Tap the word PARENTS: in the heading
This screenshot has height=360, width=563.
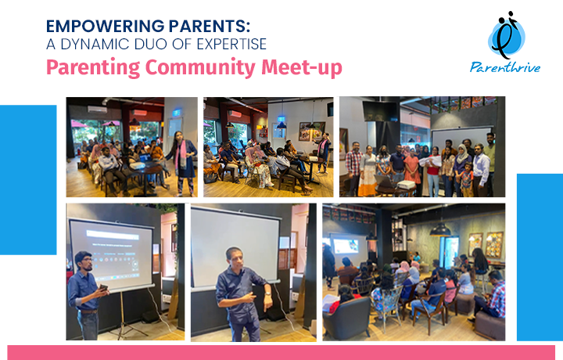point(210,26)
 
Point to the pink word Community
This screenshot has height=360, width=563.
point(200,67)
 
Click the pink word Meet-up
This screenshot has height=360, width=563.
point(302,67)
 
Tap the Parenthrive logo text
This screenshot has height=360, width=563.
point(505,67)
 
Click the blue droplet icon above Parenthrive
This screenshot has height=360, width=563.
point(507,35)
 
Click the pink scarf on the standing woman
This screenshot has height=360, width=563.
point(183,153)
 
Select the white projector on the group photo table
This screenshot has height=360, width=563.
point(406,185)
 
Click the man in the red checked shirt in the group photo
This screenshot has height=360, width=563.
point(354,168)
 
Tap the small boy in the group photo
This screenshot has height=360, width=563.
point(466,179)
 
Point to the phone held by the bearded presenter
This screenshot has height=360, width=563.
point(103,287)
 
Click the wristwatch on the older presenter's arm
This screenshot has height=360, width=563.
point(267,294)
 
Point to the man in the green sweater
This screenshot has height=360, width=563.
point(489,162)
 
